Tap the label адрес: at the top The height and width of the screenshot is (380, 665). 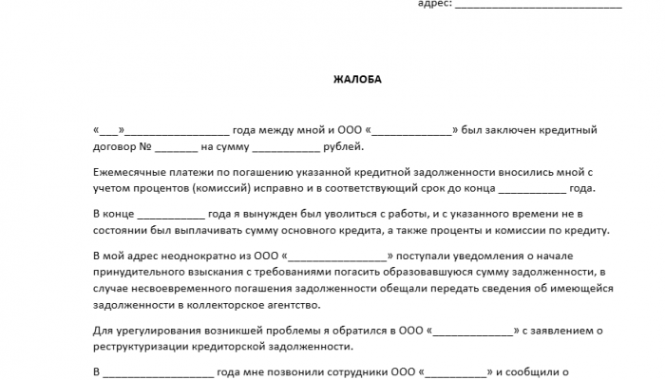click(434, 4)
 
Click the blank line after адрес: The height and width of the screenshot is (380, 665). click(539, 5)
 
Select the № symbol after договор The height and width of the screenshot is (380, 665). click(146, 147)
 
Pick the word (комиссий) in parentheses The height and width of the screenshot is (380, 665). click(219, 189)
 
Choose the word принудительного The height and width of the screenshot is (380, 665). click(140, 273)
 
